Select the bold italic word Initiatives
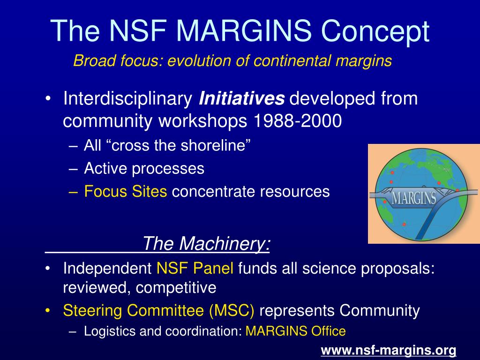click(x=242, y=98)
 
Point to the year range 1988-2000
click(x=298, y=121)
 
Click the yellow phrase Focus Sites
click(x=126, y=191)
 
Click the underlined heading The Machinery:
click(x=206, y=244)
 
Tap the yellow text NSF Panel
click(x=195, y=268)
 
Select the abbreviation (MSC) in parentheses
click(x=232, y=310)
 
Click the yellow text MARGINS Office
click(x=296, y=331)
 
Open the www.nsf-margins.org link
click(x=389, y=350)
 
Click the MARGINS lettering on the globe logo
click(x=414, y=198)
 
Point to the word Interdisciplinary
click(x=127, y=99)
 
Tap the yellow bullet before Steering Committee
click(x=47, y=311)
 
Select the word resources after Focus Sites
click(x=296, y=192)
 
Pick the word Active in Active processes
click(x=105, y=168)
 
